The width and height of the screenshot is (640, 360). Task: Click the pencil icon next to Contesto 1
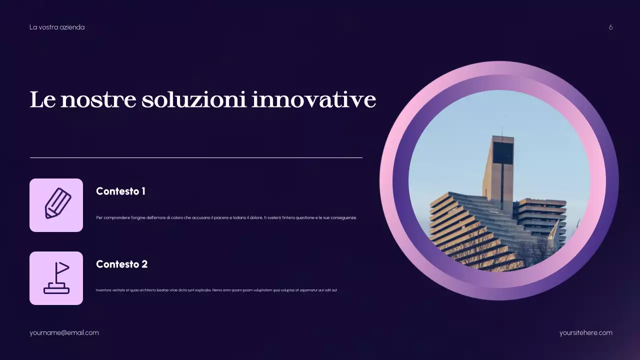[56, 205]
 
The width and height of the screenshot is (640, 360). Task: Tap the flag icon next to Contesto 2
[56, 278]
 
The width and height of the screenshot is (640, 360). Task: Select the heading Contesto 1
[120, 191]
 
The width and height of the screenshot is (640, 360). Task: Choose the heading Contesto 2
[121, 264]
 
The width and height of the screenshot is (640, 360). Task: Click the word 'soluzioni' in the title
[193, 99]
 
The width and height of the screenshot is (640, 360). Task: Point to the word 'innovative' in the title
[313, 99]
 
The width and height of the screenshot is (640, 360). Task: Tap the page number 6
[610, 27]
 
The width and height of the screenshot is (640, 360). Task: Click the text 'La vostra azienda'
[57, 27]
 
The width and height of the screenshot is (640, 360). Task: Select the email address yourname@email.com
[64, 332]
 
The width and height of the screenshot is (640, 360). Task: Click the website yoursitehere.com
[586, 332]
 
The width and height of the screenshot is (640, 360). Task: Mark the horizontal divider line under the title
[196, 157]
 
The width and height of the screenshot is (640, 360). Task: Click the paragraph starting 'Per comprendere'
[226, 217]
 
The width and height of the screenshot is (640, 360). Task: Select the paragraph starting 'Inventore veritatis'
[216, 290]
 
